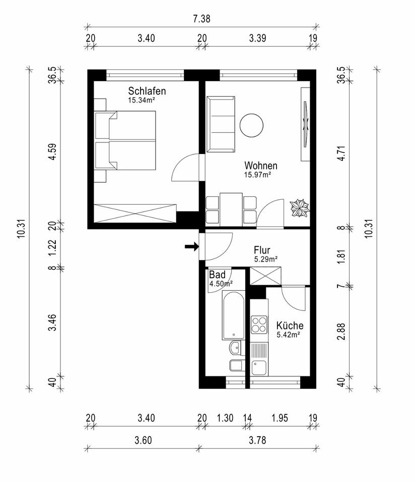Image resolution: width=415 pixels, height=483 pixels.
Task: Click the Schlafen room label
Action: pyautogui.click(x=147, y=91)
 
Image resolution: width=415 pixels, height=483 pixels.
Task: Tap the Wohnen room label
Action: pyautogui.click(x=261, y=166)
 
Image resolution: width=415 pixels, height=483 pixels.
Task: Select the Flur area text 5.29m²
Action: pyautogui.click(x=266, y=259)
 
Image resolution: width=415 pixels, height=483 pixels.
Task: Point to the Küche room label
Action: pyautogui.click(x=290, y=326)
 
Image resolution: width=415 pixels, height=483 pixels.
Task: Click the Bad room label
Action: pyautogui.click(x=218, y=275)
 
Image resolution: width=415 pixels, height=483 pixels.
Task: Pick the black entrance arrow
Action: pyautogui.click(x=191, y=246)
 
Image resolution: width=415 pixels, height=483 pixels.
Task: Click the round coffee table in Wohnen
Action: pyautogui.click(x=252, y=125)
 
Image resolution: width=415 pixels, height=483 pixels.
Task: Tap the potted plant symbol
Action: pyautogui.click(x=299, y=208)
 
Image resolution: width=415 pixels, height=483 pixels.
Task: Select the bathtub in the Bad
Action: pyautogui.click(x=233, y=315)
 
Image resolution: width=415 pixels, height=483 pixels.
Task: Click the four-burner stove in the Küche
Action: pyautogui.click(x=259, y=325)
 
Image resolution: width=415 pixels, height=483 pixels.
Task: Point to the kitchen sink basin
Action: pyautogui.click(x=259, y=367)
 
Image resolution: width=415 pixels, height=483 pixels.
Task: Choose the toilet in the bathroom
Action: pyautogui.click(x=237, y=365)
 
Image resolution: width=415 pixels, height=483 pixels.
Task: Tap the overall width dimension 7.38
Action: pyautogui.click(x=201, y=19)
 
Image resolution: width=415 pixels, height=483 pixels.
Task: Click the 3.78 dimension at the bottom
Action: pyautogui.click(x=257, y=440)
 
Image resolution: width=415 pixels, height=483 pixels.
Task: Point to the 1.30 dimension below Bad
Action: pyautogui.click(x=225, y=418)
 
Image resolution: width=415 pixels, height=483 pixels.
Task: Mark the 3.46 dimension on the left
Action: pyautogui.click(x=52, y=323)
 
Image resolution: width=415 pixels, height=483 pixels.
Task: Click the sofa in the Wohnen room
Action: pyautogui.click(x=221, y=124)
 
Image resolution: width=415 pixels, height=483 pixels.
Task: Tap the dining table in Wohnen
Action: pyautogui.click(x=231, y=209)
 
